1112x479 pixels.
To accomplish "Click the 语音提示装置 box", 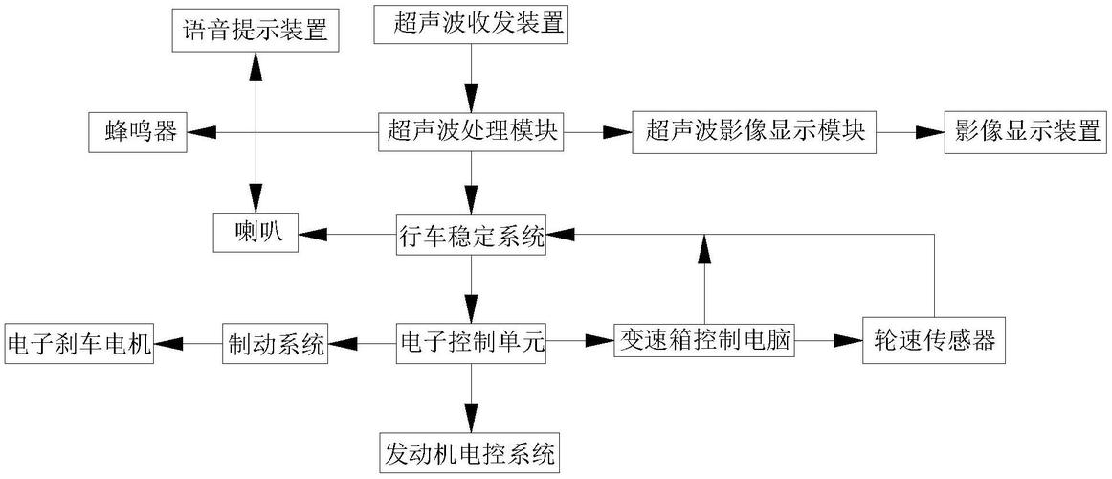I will tap(256, 30).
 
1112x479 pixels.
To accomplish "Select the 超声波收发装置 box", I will tap(471, 24).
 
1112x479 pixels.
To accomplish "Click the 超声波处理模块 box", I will tap(471, 132).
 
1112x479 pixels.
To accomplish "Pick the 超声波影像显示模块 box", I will tap(755, 132).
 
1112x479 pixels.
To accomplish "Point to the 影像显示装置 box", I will tap(1026, 132).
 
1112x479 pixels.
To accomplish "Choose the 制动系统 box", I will tap(275, 342).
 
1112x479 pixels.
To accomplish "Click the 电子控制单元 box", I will tap(471, 342).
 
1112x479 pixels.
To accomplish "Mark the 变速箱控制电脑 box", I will tap(705, 340).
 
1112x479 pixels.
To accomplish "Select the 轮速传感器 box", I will tap(934, 341).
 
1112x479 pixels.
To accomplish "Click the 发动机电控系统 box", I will tap(471, 451).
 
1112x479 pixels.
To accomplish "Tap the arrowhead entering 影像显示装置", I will tap(929, 132).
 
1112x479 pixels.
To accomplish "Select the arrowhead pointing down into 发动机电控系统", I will tap(471, 419).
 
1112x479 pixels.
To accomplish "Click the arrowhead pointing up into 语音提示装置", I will tap(256, 63).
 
